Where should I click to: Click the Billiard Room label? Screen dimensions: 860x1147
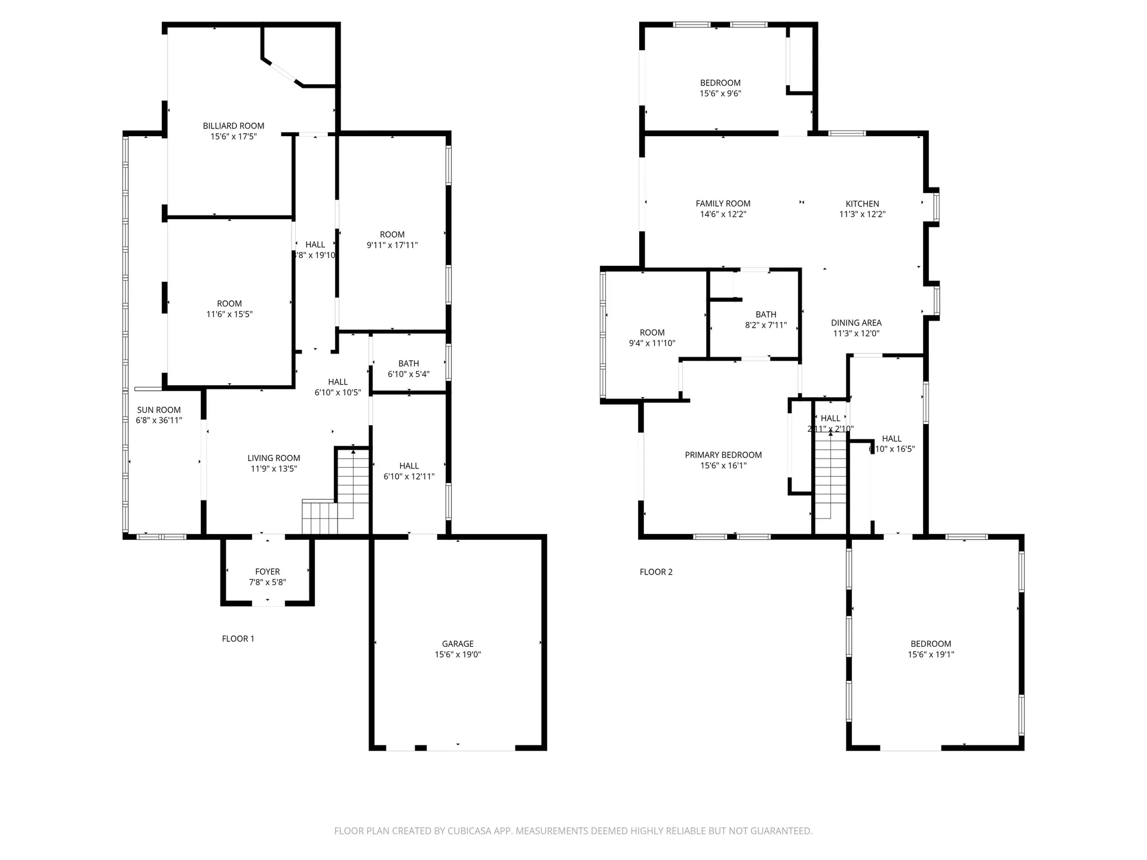(233, 126)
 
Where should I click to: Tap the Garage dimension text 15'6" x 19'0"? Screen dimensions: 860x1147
(458, 655)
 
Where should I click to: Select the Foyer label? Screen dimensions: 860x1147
(267, 572)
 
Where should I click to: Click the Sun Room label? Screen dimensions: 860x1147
(159, 410)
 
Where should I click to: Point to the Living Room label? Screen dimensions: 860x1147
(274, 458)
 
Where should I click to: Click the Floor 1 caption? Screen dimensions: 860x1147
(238, 638)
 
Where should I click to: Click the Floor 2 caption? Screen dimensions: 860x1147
(656, 572)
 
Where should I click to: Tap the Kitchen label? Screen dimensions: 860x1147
(862, 204)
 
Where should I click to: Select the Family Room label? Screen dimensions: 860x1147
(723, 204)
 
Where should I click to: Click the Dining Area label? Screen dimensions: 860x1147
(856, 323)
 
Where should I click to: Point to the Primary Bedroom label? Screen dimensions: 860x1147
(723, 455)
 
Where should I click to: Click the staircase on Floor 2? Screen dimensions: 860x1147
(830, 478)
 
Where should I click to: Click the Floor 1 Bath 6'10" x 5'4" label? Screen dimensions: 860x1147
(409, 364)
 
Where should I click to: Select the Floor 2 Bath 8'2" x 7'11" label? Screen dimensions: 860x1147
(766, 314)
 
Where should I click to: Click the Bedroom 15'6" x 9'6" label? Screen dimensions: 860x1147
(720, 83)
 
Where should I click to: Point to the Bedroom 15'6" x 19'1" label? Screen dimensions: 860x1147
(931, 644)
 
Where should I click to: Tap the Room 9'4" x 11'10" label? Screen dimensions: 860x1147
(652, 333)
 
